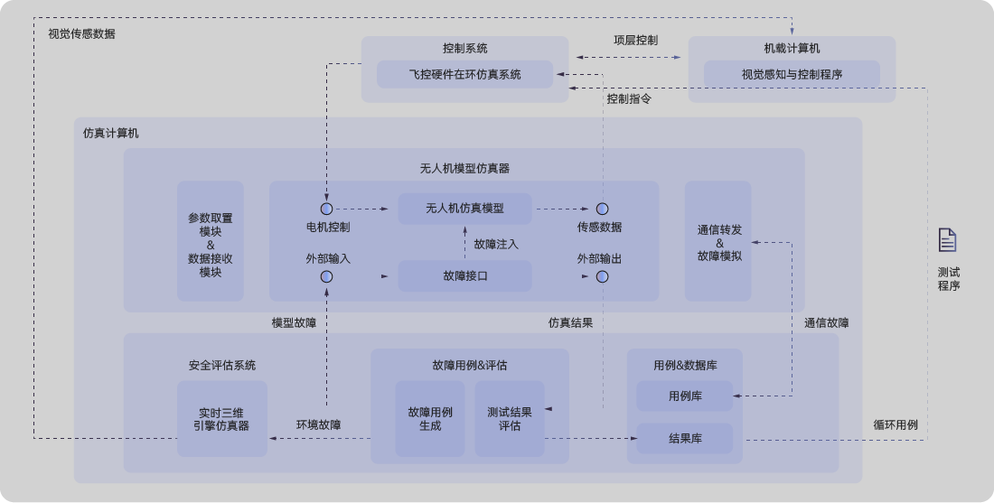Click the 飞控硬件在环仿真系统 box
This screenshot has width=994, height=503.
point(464,74)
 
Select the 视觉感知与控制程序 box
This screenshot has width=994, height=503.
point(792,74)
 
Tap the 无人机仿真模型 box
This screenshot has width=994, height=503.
point(464,209)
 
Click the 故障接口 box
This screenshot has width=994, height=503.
point(464,275)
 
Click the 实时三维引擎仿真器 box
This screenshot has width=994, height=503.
point(221,419)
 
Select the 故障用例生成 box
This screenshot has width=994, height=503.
point(429,418)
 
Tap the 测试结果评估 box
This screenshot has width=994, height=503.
point(510,418)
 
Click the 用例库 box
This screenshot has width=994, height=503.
point(684,396)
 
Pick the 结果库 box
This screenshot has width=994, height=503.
point(684,439)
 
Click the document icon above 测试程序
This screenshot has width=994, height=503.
point(947,239)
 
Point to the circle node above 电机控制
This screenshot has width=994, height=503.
point(326,209)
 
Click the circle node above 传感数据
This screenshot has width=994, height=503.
point(601,209)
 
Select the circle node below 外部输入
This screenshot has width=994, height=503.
point(326,276)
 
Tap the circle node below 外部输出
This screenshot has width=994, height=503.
point(601,276)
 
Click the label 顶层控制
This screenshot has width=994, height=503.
point(635,41)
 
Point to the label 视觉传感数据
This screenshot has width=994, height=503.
point(81,34)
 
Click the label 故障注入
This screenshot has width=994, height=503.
point(496,244)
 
